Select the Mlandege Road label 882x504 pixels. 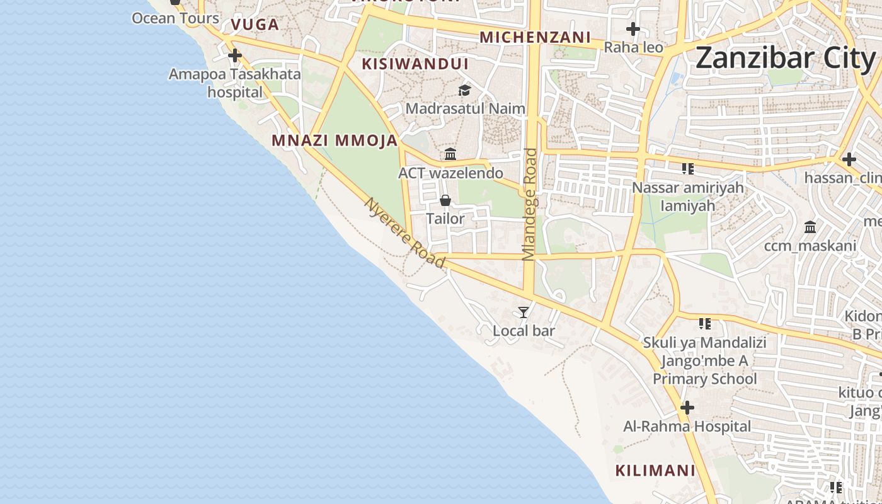point(529,204)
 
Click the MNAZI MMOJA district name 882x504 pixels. point(335,140)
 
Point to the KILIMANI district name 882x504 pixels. point(655,471)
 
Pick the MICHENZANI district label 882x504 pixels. point(535,38)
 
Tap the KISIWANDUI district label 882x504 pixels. point(415,64)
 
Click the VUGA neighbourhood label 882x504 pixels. point(255,25)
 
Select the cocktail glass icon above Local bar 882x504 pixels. point(523,312)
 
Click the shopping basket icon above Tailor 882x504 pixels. point(445,201)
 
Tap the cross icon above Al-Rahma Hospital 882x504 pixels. point(687,408)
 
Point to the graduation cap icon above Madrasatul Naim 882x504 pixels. point(464,91)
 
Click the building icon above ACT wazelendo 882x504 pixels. point(450,154)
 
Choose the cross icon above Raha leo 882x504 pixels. point(633,29)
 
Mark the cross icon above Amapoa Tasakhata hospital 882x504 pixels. point(235,55)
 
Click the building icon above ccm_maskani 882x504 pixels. point(810,227)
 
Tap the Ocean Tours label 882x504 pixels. point(175,18)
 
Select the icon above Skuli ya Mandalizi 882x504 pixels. point(704,324)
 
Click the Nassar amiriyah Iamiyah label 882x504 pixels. point(687,197)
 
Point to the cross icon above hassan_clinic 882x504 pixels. point(849,159)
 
